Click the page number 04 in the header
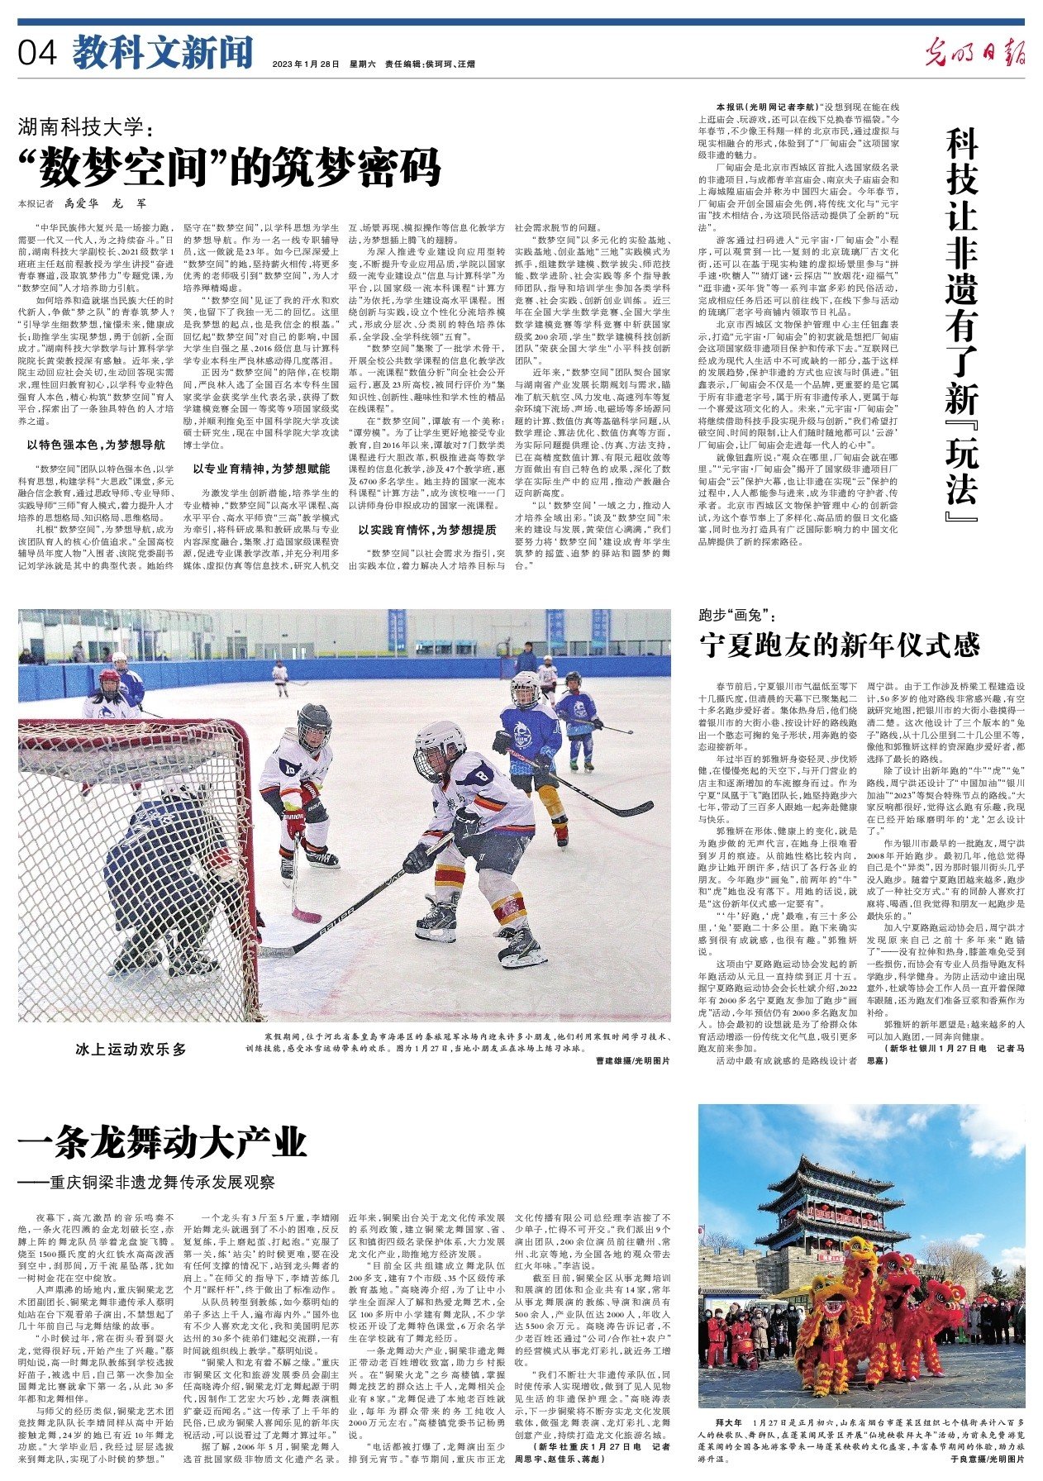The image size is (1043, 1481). click(38, 54)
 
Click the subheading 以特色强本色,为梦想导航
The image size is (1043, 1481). click(96, 445)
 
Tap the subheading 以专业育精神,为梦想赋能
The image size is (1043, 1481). click(261, 468)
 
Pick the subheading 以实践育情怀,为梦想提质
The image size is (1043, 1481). click(427, 530)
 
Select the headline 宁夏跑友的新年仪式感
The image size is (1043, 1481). click(840, 645)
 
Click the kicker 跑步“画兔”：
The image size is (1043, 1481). click(736, 615)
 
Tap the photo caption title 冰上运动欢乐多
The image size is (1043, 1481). click(131, 1049)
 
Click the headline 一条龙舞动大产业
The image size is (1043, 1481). click(163, 1143)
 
